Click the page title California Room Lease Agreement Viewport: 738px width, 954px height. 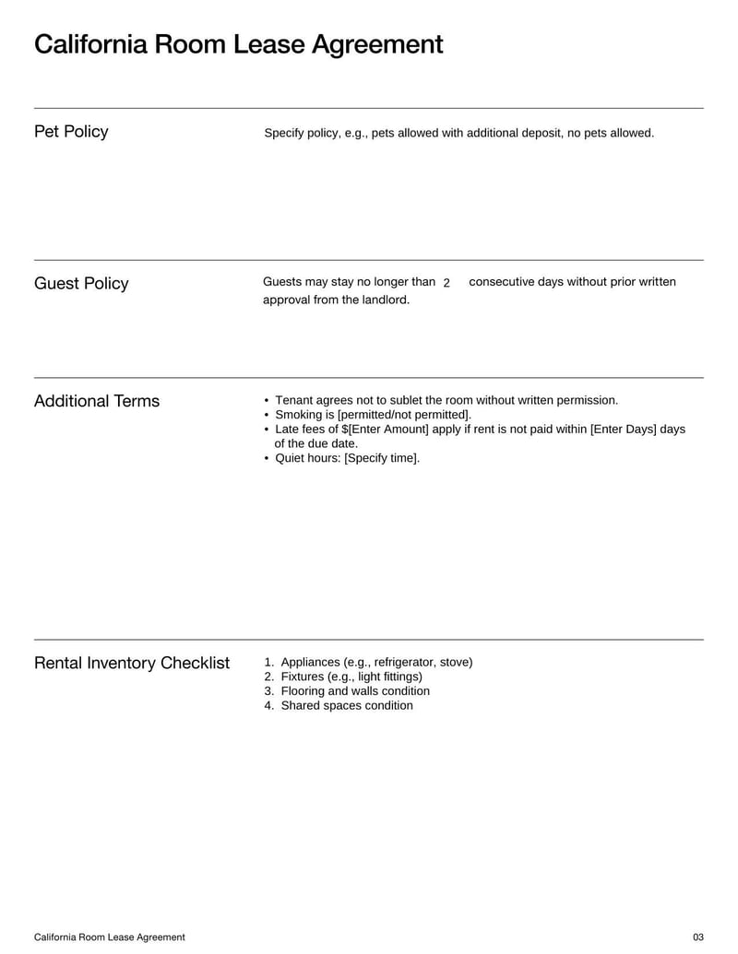click(x=238, y=44)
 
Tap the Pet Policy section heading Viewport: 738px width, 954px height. click(x=71, y=132)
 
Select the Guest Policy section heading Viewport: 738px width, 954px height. click(x=81, y=284)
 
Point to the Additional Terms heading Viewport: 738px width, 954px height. click(x=97, y=401)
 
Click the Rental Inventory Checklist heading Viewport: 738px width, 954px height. click(x=132, y=664)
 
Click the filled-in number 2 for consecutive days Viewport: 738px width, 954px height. click(x=446, y=283)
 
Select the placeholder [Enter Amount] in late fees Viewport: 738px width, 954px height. click(x=388, y=430)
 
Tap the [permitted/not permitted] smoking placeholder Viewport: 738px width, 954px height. click(x=404, y=415)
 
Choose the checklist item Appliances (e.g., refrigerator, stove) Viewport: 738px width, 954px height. click(x=376, y=662)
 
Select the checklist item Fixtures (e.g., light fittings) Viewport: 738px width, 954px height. click(x=351, y=677)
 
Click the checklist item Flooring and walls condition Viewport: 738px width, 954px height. click(x=355, y=691)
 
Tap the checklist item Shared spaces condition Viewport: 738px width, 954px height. click(x=347, y=706)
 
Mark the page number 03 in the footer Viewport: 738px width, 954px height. click(x=698, y=937)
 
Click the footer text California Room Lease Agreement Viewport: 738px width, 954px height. click(x=110, y=937)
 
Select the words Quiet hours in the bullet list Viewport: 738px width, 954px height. click(x=308, y=458)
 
